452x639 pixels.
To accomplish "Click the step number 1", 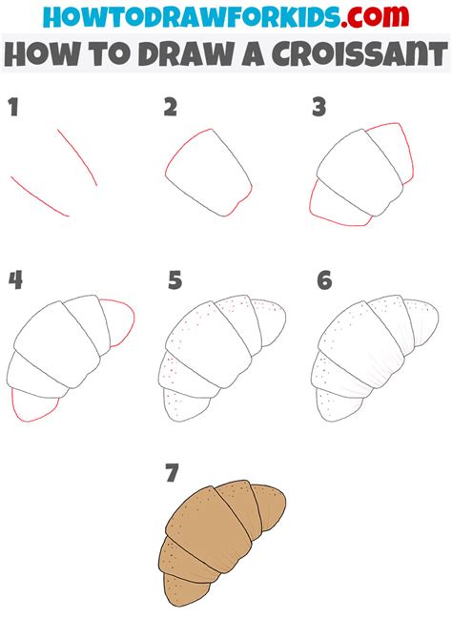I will coord(14,108).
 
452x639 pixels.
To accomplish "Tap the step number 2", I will coord(170,108).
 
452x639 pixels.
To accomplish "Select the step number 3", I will coord(319,108).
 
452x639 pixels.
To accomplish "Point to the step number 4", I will coord(15,279).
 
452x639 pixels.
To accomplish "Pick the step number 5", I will coord(174,279).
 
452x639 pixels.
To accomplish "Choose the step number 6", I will coord(324,279).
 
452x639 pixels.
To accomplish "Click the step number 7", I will coord(172,472).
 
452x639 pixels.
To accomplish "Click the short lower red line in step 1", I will coord(41,198).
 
